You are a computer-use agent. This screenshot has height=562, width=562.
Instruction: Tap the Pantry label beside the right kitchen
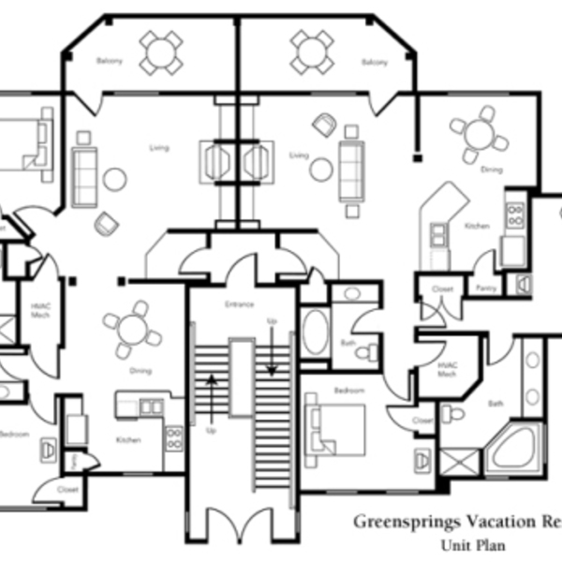(x=486, y=288)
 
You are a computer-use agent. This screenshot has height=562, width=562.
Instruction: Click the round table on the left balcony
(x=161, y=52)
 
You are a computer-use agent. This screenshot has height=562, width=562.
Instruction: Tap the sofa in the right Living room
(x=351, y=169)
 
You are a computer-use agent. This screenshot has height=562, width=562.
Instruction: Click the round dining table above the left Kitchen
(x=132, y=330)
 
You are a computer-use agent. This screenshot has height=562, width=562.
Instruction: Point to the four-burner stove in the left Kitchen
(x=173, y=437)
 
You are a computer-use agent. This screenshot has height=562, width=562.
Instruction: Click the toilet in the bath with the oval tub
(x=372, y=350)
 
